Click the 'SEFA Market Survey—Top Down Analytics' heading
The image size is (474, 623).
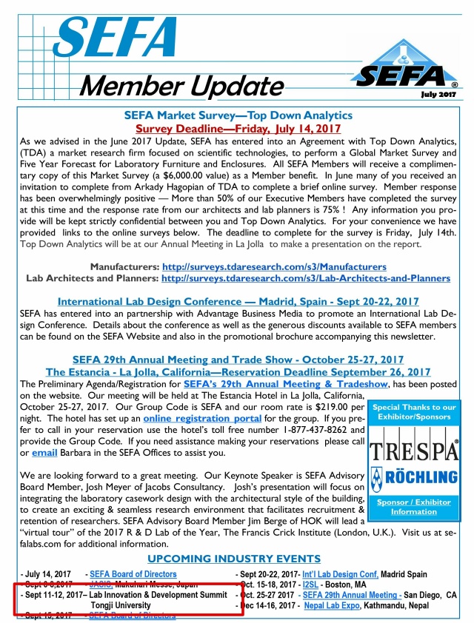pyautogui.click(x=238, y=115)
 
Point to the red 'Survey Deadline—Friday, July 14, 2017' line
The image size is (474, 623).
pyautogui.click(x=238, y=128)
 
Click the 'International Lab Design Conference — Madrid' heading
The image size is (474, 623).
pyautogui.click(x=238, y=302)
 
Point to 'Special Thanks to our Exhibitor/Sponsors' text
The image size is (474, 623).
pyautogui.click(x=413, y=412)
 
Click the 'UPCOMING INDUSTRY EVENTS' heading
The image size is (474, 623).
pyautogui.click(x=234, y=558)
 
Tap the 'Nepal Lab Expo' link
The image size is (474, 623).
pyautogui.click(x=331, y=605)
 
